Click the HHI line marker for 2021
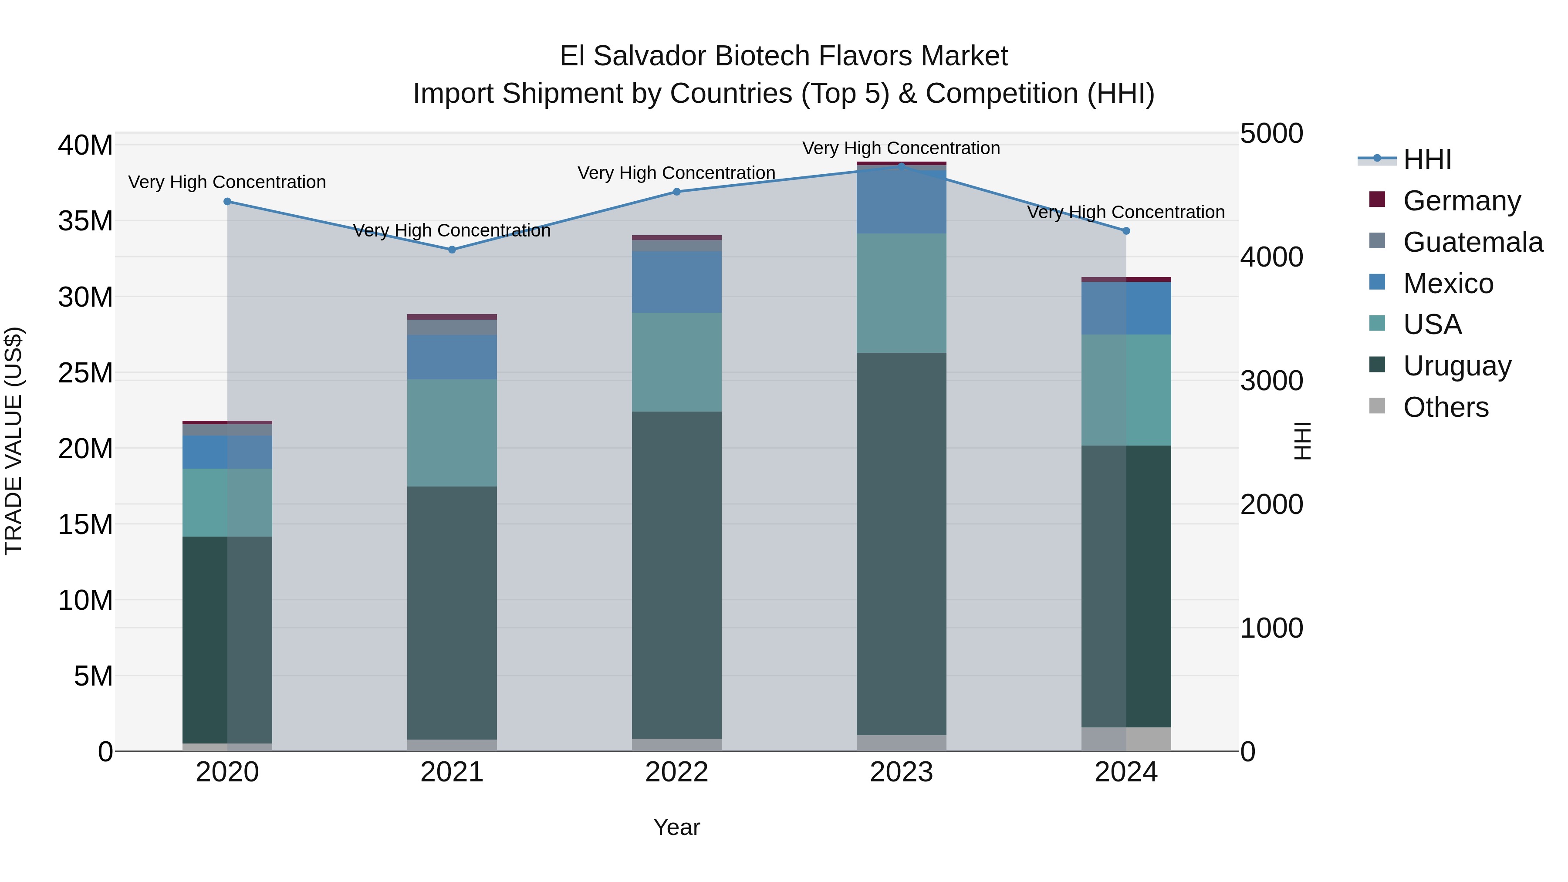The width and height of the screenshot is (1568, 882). (452, 250)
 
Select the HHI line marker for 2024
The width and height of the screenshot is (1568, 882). (1125, 231)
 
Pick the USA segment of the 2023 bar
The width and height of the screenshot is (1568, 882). (901, 293)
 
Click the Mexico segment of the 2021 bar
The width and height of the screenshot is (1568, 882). (452, 357)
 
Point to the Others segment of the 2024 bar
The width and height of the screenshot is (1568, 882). (1125, 739)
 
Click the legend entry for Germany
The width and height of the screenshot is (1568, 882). (1461, 201)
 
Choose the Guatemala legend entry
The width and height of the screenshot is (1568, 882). (1472, 242)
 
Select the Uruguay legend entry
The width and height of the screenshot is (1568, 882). (1456, 366)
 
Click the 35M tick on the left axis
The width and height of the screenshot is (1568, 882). (85, 221)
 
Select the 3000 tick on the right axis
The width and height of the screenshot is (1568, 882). (1271, 381)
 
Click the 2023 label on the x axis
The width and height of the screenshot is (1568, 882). (901, 772)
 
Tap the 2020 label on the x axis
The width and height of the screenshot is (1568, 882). (227, 772)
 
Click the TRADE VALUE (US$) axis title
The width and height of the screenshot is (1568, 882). (14, 441)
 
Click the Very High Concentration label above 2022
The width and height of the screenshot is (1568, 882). (676, 173)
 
